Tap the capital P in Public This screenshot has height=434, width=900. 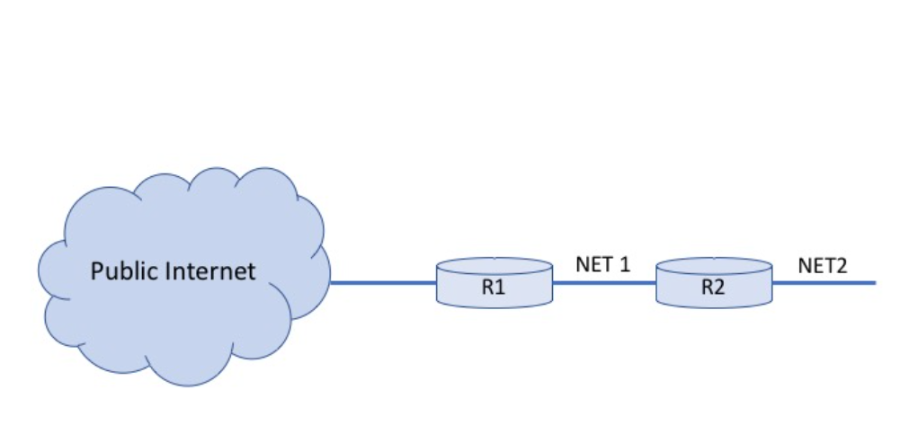[96, 270]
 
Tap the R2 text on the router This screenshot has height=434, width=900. [714, 289]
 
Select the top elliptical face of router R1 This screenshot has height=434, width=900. [495, 267]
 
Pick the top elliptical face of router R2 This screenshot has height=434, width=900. [714, 267]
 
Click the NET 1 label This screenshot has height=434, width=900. [603, 265]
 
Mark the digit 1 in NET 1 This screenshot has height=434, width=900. [626, 265]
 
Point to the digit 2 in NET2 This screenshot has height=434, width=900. [843, 265]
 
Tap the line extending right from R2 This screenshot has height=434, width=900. [823, 282]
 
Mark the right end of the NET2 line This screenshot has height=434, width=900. [873, 282]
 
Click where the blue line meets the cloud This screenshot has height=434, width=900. [332, 282]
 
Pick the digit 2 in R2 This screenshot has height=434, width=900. [721, 289]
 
